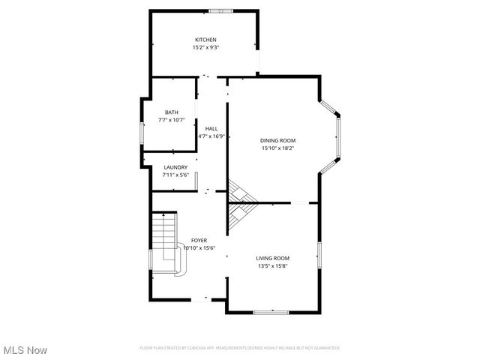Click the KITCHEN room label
205,40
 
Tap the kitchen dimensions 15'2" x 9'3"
205,47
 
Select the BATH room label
172,112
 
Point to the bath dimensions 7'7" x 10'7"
172,120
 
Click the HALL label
211,129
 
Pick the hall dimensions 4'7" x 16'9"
211,136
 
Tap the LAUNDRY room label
175,167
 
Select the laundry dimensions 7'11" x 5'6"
175,175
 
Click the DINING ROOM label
277,140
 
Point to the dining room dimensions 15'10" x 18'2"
277,148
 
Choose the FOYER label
199,240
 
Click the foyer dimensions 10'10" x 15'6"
199,247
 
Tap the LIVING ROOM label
272,258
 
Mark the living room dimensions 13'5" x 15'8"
272,265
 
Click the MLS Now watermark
25,350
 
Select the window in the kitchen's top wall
220,10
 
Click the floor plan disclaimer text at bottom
240,348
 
